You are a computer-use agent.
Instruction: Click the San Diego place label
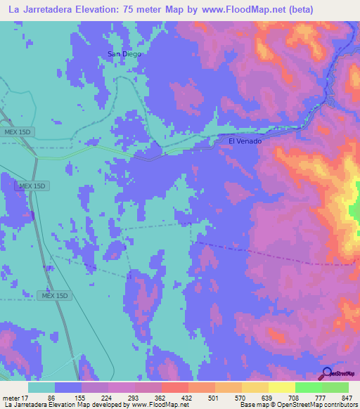coord(124,54)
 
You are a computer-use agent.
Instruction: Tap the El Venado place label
coord(245,141)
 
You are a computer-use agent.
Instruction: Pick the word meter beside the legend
coord(10,397)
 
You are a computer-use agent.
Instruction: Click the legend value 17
coord(24,397)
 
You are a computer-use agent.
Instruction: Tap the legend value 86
coord(50,397)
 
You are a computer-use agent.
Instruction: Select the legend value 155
coord(77,397)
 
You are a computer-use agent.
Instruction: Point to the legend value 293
coord(131,397)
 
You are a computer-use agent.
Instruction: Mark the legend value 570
coord(240,397)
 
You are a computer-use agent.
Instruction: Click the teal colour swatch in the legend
coord(41,387)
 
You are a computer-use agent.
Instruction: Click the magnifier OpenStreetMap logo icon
coord(327,374)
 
